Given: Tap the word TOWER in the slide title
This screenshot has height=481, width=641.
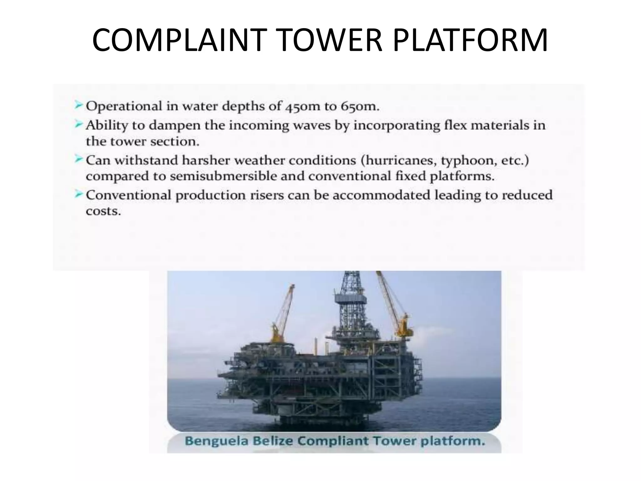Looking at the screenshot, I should pyautogui.click(x=329, y=40).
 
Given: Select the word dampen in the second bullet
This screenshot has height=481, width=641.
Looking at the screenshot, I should pyautogui.click(x=174, y=125).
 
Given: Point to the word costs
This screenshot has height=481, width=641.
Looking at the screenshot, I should pyautogui.click(x=103, y=211).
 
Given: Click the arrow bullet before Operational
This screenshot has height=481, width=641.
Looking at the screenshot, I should pyautogui.click(x=79, y=106).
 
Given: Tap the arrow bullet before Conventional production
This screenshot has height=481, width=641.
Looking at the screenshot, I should pyautogui.click(x=79, y=194).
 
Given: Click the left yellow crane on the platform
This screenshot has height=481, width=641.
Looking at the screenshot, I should pyautogui.click(x=282, y=316).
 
